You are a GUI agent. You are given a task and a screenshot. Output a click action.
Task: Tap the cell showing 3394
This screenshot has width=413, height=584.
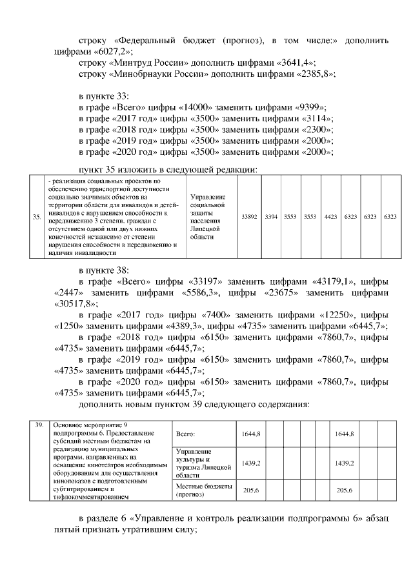click(x=271, y=217)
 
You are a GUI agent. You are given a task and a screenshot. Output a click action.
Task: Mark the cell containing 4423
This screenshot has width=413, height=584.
click(x=330, y=217)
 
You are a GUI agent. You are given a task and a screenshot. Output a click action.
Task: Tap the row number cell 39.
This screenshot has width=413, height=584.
click(x=39, y=425)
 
